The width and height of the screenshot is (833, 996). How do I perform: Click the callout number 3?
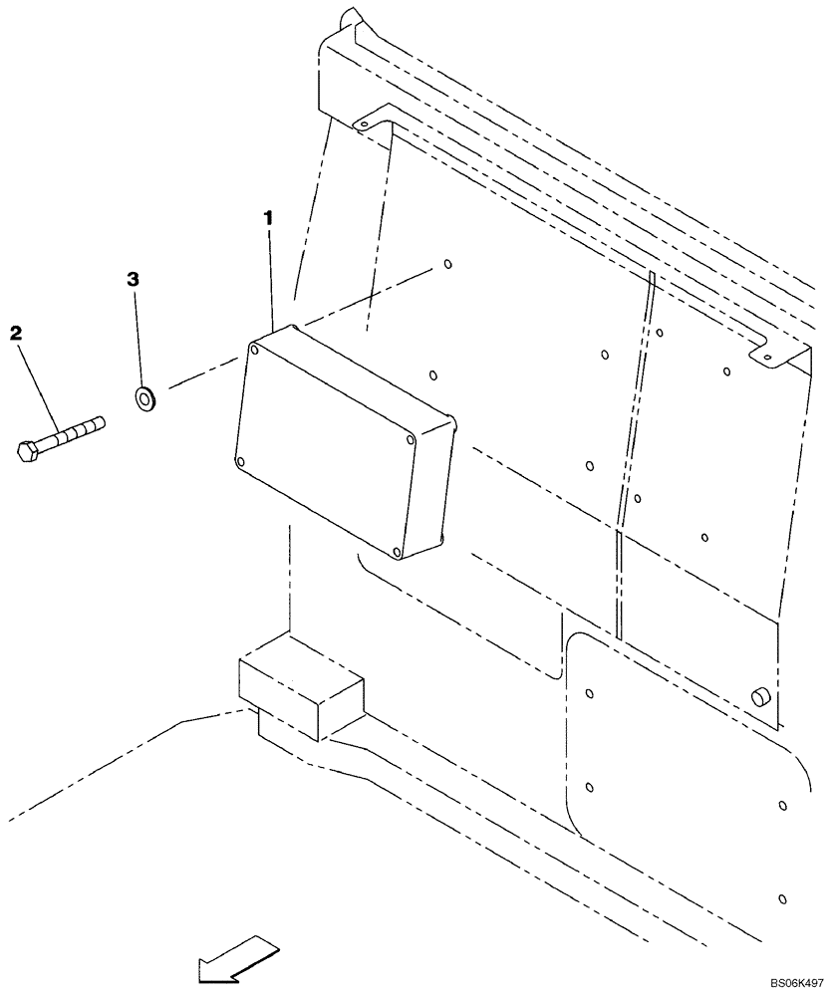(x=132, y=279)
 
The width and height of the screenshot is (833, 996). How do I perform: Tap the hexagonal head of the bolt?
(x=29, y=450)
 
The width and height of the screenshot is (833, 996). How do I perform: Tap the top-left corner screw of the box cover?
(x=256, y=350)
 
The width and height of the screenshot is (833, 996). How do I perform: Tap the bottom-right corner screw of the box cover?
(x=397, y=551)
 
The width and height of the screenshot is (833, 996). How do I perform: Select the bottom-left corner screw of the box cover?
(x=239, y=460)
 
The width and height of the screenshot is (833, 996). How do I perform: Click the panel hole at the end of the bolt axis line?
(x=447, y=265)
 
